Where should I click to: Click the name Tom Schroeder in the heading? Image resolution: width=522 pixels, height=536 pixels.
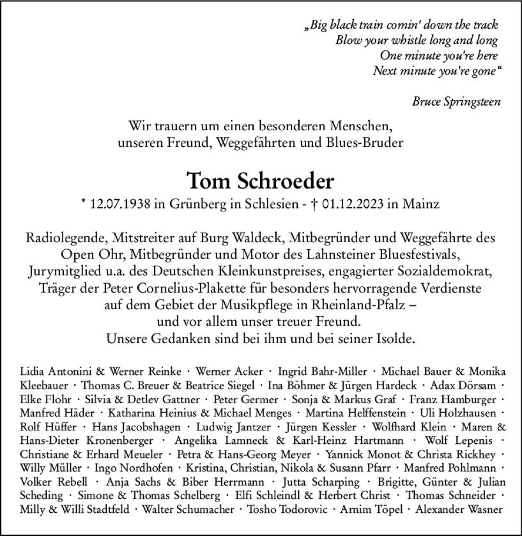click(260, 182)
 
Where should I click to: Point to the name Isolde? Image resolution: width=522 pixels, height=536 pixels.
click(391, 339)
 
